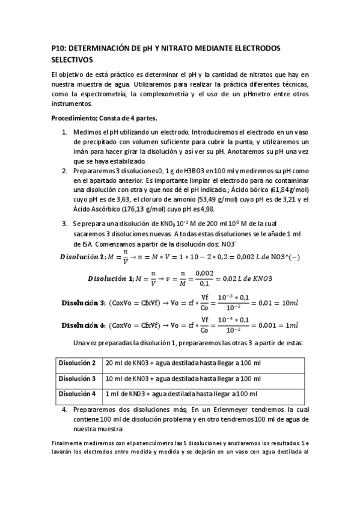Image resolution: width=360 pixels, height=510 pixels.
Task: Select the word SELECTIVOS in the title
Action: (x=72, y=60)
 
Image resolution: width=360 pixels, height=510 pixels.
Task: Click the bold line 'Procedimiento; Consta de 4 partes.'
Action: (x=105, y=118)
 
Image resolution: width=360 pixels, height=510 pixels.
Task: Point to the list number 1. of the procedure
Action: (x=65, y=131)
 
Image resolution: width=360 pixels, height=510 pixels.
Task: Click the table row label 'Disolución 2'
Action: (x=77, y=363)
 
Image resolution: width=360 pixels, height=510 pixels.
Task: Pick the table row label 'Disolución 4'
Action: (x=77, y=393)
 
